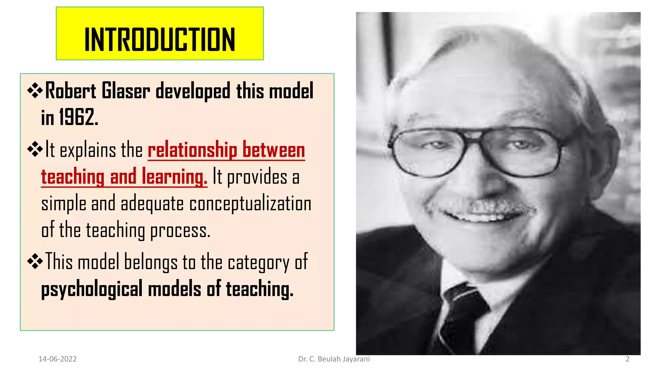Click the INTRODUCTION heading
(x=159, y=39)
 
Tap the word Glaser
(x=126, y=91)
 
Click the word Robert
(x=71, y=91)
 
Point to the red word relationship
(x=192, y=150)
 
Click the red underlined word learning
(x=174, y=177)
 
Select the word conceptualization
(x=250, y=204)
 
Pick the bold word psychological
(x=92, y=289)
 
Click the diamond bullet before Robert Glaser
(x=35, y=91)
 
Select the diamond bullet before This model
(x=35, y=262)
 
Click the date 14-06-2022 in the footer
(x=57, y=359)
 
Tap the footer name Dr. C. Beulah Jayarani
(x=334, y=359)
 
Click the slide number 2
(x=627, y=359)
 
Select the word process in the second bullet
(x=180, y=231)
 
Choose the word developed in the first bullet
(x=193, y=91)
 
